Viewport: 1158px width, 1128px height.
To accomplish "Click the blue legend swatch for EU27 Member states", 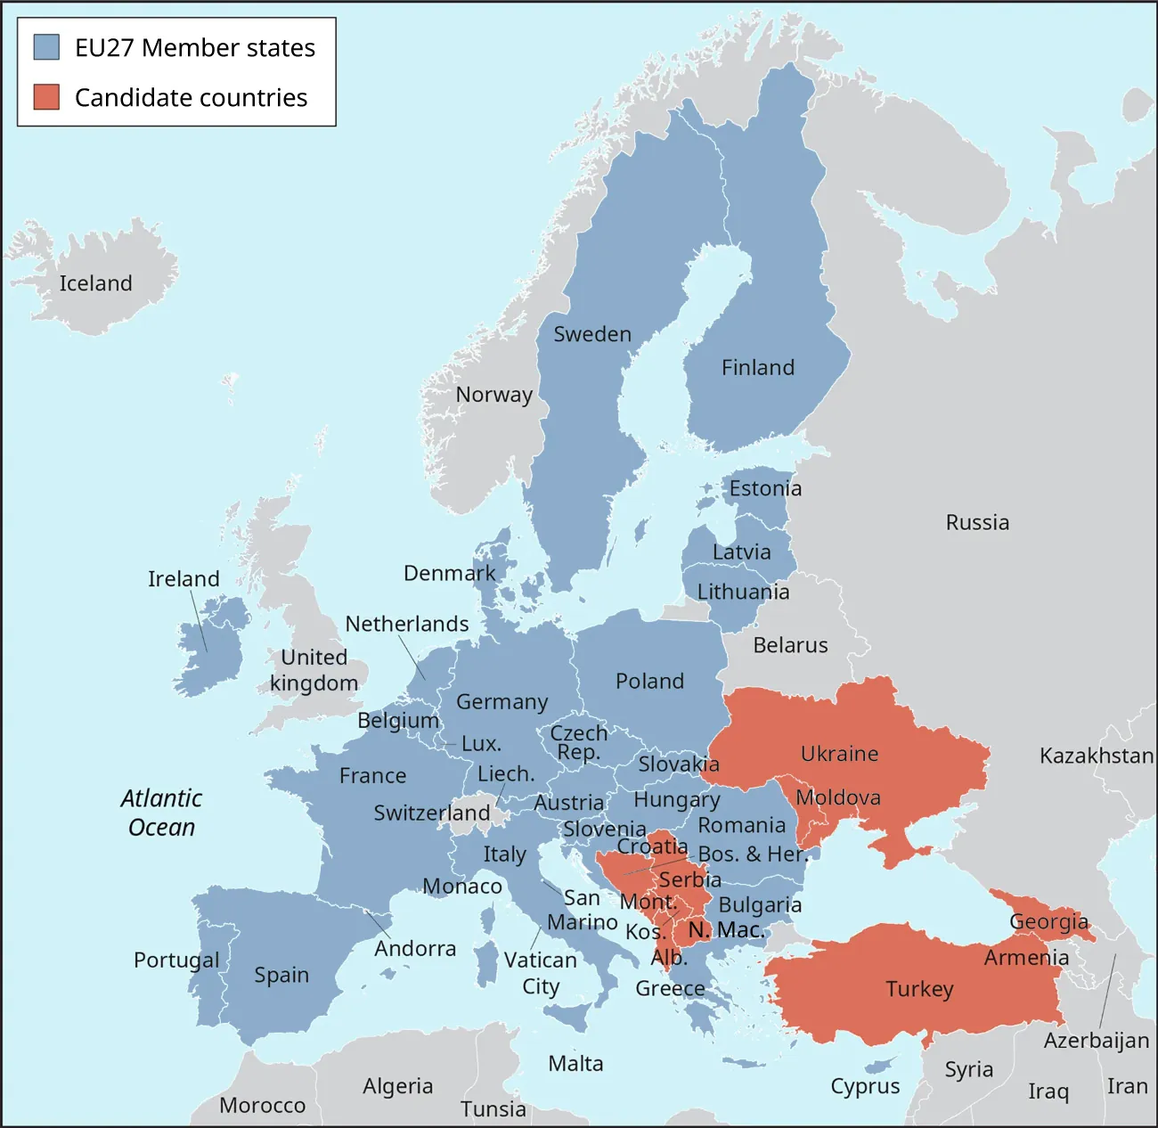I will click(x=46, y=47).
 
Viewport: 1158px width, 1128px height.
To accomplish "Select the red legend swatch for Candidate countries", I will click(x=46, y=97).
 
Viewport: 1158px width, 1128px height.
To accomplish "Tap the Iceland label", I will click(x=95, y=283).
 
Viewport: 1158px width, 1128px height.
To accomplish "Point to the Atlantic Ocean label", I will click(x=161, y=813).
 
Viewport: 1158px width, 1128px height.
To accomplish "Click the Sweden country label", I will click(x=592, y=334).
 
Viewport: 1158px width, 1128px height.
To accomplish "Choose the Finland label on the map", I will click(x=758, y=367).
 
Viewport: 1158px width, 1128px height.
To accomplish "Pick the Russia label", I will click(x=977, y=522).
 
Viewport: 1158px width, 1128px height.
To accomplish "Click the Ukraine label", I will click(x=839, y=754).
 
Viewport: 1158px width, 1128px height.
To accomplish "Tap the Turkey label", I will click(x=919, y=989).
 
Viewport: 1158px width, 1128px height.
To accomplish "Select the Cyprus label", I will click(x=865, y=1087).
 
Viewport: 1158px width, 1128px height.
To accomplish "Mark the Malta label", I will click(x=575, y=1063).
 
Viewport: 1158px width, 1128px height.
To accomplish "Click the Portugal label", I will click(x=176, y=960).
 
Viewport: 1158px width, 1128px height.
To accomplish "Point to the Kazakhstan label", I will click(x=1097, y=756).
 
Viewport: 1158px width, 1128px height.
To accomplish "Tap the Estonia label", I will click(x=765, y=488).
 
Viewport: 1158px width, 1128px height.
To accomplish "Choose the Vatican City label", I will click(x=541, y=973).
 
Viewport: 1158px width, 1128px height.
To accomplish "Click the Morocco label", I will click(x=263, y=1105).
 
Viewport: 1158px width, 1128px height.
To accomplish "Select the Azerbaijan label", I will click(x=1097, y=1040).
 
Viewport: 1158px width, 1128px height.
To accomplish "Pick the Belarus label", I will click(x=790, y=645).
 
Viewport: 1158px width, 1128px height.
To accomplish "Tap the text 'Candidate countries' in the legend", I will click(x=191, y=97).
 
